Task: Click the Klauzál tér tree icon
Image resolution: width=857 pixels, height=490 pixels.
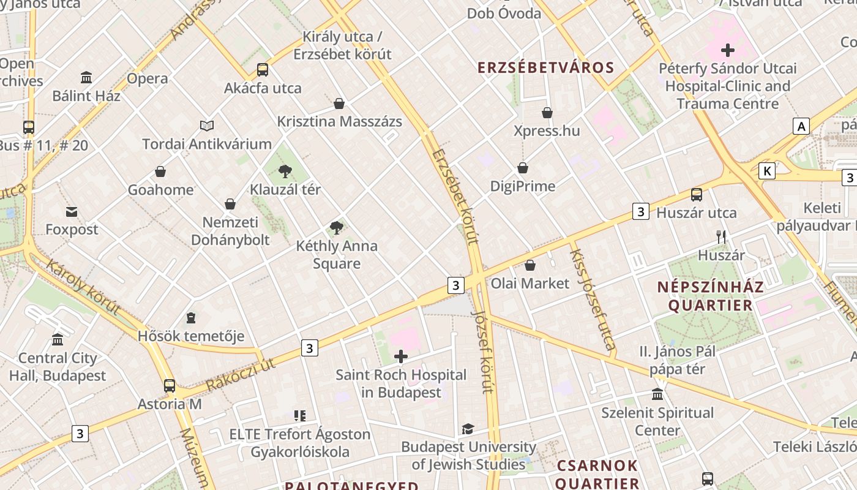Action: point(285,171)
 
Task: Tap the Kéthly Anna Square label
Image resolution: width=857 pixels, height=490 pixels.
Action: point(337,255)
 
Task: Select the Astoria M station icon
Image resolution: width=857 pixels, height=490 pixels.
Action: point(170,386)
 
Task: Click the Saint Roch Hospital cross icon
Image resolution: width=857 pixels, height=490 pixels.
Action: point(401,356)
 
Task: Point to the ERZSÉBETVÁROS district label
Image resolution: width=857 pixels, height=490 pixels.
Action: point(545,68)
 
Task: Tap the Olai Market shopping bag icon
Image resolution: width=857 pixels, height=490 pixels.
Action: point(530,265)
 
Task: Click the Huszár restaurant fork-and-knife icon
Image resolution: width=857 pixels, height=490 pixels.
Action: point(721,237)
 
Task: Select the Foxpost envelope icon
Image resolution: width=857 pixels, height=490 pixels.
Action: point(72,212)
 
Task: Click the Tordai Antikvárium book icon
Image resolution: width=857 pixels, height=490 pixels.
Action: point(207,126)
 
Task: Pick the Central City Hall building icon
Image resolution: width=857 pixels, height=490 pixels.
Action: point(58,339)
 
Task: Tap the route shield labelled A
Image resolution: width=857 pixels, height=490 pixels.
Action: point(801,126)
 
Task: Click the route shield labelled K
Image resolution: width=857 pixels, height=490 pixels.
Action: point(766,171)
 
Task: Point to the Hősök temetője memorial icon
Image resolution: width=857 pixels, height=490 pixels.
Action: point(191,318)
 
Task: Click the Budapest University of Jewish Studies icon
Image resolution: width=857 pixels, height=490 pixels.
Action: point(468,429)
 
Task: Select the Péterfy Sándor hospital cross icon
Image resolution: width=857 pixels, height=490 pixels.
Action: point(728,50)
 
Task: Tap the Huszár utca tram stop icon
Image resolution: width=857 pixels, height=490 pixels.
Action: point(697,195)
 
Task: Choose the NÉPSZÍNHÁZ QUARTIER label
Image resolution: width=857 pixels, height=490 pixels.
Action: point(710,296)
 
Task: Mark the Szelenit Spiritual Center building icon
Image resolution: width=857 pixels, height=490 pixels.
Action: point(657,394)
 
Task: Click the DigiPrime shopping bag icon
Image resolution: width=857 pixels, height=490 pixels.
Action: point(523,168)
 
